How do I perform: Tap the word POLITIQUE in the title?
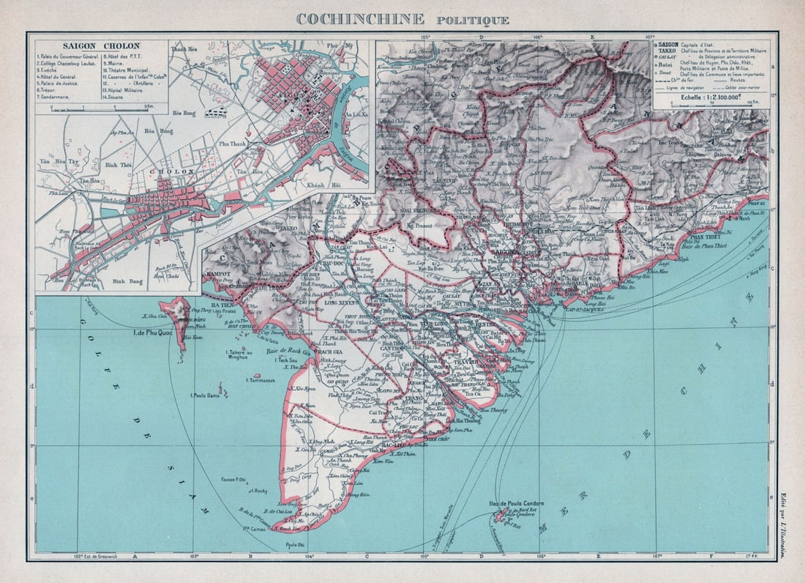coord(473,20)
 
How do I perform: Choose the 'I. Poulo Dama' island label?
coord(207,395)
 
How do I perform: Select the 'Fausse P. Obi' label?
coord(232,480)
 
